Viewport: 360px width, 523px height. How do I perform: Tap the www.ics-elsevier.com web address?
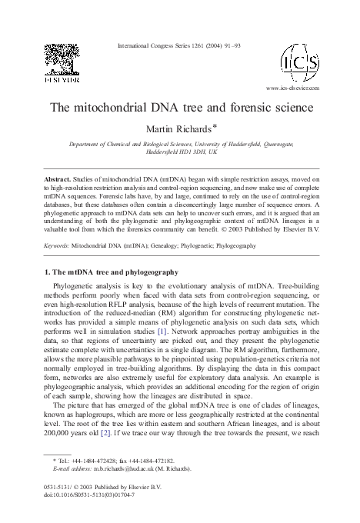coord(292,88)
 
